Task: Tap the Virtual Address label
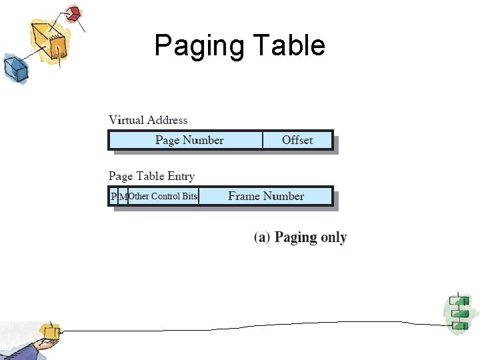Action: point(148,120)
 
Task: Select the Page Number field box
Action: point(189,140)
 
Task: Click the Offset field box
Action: point(297,140)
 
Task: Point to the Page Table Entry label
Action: point(151,176)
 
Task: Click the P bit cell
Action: point(113,196)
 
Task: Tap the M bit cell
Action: point(123,196)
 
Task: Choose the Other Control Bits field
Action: point(163,196)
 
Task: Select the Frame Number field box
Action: point(265,196)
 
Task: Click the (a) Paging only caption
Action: point(300,237)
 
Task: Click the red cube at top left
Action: point(73,13)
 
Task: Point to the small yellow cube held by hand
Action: point(49,331)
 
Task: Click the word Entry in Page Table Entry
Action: point(181,176)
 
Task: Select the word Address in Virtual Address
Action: point(167,120)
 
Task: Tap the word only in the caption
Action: point(333,237)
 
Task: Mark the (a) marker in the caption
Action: point(262,237)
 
